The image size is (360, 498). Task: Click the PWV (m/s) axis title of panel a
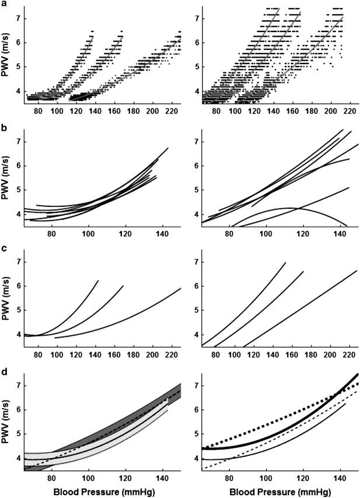pyautogui.click(x=10, y=55)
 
